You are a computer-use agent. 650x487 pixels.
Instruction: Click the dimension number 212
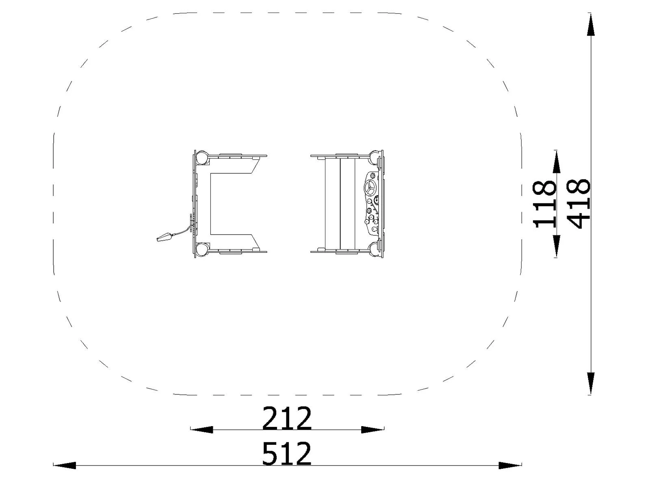click(x=287, y=418)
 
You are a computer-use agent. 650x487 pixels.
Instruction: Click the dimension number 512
click(x=287, y=454)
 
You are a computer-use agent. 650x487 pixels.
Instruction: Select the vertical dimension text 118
click(x=544, y=204)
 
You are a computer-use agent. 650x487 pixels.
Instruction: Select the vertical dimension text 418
click(x=578, y=204)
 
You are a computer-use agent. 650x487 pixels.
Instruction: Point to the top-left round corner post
click(x=201, y=157)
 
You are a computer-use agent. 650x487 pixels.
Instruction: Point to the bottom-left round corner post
click(x=201, y=248)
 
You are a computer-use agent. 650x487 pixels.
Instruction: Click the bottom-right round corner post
click(x=374, y=249)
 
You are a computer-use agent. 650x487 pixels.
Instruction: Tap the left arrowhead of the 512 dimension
click(x=64, y=465)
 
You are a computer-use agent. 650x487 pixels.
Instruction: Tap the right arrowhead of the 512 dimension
click(x=510, y=465)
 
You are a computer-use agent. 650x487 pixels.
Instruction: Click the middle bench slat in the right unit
click(x=347, y=203)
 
